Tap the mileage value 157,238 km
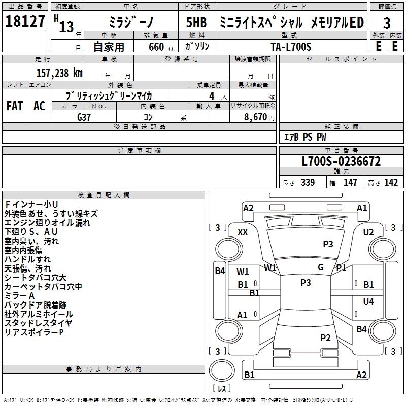(x=59, y=73)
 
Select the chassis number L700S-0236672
(x=341, y=162)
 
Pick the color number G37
(x=84, y=117)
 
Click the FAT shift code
(x=14, y=106)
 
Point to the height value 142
(x=391, y=183)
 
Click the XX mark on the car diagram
(x=243, y=232)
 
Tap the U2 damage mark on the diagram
(x=368, y=232)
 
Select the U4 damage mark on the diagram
(x=368, y=302)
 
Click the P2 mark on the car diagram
(x=325, y=337)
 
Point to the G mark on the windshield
(x=321, y=267)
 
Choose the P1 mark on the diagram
(x=341, y=268)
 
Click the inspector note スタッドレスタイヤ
(x=38, y=323)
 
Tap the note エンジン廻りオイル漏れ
(x=47, y=223)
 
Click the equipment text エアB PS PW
(x=304, y=138)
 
